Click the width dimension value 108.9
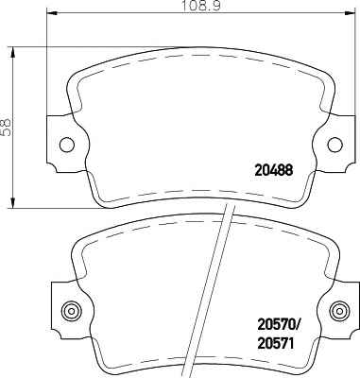(201, 5)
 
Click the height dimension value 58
(6, 128)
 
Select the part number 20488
(273, 170)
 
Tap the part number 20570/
(278, 325)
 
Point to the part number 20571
(276, 343)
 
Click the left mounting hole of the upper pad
(67, 145)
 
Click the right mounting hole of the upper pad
(334, 145)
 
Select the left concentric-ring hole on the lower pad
(72, 311)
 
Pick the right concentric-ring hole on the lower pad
(339, 311)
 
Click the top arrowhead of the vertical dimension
(12, 53)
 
